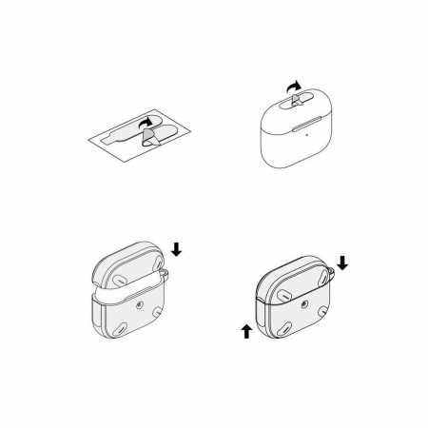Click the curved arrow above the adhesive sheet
pyautogui.click(x=146, y=121)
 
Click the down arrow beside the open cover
pyautogui.click(x=177, y=250)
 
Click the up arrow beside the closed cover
pyautogui.click(x=246, y=330)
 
